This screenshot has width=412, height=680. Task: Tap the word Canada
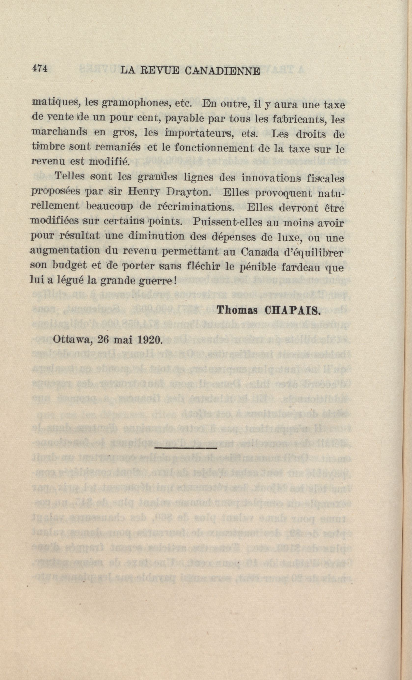pos(258,252)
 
